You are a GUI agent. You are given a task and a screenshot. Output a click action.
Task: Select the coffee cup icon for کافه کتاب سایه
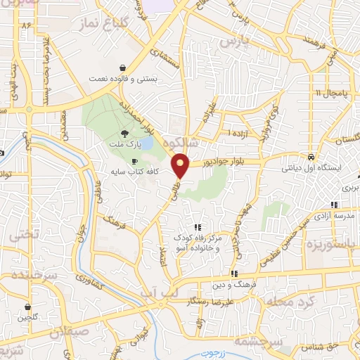135,161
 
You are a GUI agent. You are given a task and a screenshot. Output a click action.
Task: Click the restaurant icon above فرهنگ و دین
233,274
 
